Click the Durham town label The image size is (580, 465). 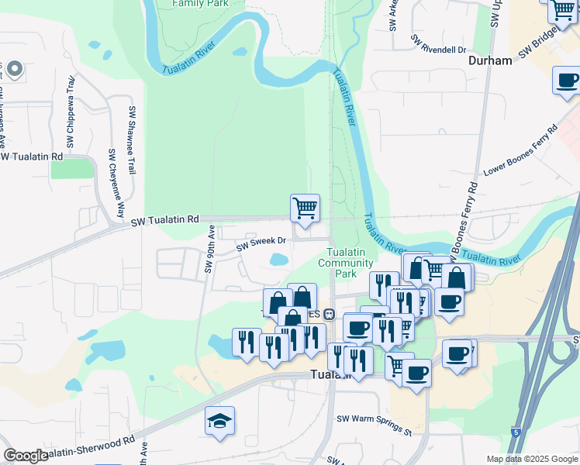coord(490,60)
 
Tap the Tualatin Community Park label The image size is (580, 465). coord(351,263)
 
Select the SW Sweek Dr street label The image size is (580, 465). coord(261,242)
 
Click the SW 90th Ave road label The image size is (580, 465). coord(209,248)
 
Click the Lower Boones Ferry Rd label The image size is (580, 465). coord(520,151)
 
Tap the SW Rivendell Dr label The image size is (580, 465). coord(437,43)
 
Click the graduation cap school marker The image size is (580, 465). coord(220,422)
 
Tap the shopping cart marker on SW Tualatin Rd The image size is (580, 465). coord(305,208)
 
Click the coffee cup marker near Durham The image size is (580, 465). coord(567,81)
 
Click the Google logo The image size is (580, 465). coord(26,456)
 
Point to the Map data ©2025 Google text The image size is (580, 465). coord(531,459)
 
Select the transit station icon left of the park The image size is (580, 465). coord(329,315)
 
